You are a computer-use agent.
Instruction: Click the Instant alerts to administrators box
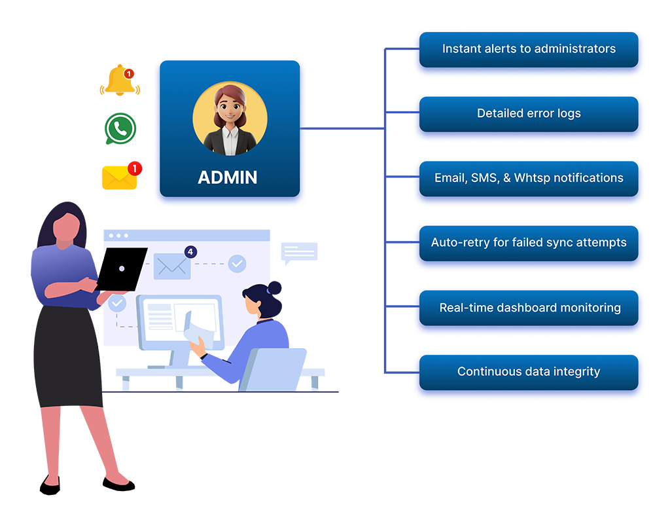click(529, 49)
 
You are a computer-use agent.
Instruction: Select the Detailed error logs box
click(529, 114)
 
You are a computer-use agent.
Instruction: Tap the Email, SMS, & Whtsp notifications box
click(529, 178)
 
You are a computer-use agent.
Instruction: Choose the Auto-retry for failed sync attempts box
click(529, 243)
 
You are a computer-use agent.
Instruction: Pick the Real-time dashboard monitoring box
click(529, 308)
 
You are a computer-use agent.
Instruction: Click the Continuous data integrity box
click(529, 372)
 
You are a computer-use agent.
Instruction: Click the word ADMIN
click(228, 177)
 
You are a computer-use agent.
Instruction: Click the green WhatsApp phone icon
click(120, 128)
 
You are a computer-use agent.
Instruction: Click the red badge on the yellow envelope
click(135, 169)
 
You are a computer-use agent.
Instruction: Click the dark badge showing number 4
click(190, 251)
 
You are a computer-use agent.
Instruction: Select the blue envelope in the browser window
click(172, 266)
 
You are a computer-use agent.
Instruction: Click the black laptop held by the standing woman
click(122, 268)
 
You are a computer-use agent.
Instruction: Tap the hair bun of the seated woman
click(274, 287)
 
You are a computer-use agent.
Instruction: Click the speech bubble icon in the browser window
click(299, 252)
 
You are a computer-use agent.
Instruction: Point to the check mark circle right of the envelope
click(237, 264)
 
